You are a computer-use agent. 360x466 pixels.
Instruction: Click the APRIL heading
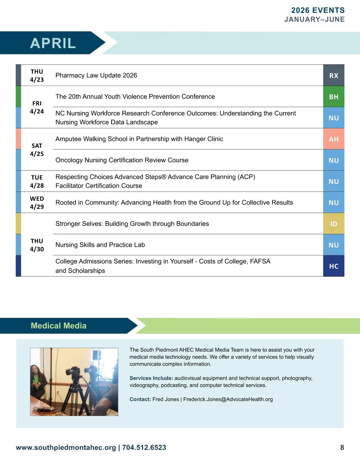click(53, 43)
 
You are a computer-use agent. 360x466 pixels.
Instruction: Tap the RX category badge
click(334, 76)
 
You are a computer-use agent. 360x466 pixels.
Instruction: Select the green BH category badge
click(334, 97)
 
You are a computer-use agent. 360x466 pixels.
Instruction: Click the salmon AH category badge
click(334, 139)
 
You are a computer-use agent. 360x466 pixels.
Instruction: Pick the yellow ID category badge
click(334, 224)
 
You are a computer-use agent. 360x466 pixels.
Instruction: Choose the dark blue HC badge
click(334, 266)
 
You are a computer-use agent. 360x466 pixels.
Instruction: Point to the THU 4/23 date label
click(37, 76)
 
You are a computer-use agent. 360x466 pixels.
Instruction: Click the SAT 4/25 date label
click(37, 150)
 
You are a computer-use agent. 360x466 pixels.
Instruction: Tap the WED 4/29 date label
click(37, 203)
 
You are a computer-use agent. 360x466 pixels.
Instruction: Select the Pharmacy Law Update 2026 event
click(96, 75)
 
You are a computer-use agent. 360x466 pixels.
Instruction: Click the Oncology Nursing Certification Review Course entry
click(122, 160)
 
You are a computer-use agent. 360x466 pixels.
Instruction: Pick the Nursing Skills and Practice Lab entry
click(100, 245)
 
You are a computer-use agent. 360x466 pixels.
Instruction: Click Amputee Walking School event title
click(139, 139)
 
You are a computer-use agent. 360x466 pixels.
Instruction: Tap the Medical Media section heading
click(58, 326)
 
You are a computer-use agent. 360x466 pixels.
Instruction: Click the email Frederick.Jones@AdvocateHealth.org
click(228, 399)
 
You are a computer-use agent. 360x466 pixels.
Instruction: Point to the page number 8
click(342, 448)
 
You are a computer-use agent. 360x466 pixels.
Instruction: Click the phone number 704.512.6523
click(144, 448)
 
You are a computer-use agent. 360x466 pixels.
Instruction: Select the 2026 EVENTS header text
click(318, 11)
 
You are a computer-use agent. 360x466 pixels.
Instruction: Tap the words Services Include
click(151, 378)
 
